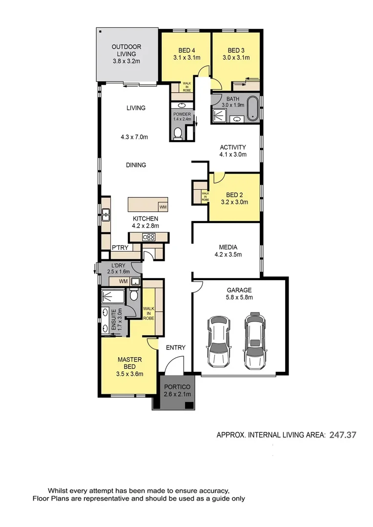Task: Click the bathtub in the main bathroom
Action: (253, 109)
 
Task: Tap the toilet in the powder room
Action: (178, 132)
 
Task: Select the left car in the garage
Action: (218, 341)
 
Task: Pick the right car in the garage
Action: (254, 341)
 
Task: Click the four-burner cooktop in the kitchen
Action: (148, 237)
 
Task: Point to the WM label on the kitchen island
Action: (162, 207)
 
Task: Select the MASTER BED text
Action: (130, 364)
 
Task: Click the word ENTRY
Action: (175, 347)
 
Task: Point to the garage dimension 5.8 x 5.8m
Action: (239, 297)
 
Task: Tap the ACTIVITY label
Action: (232, 147)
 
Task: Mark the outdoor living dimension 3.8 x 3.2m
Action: (126, 61)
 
